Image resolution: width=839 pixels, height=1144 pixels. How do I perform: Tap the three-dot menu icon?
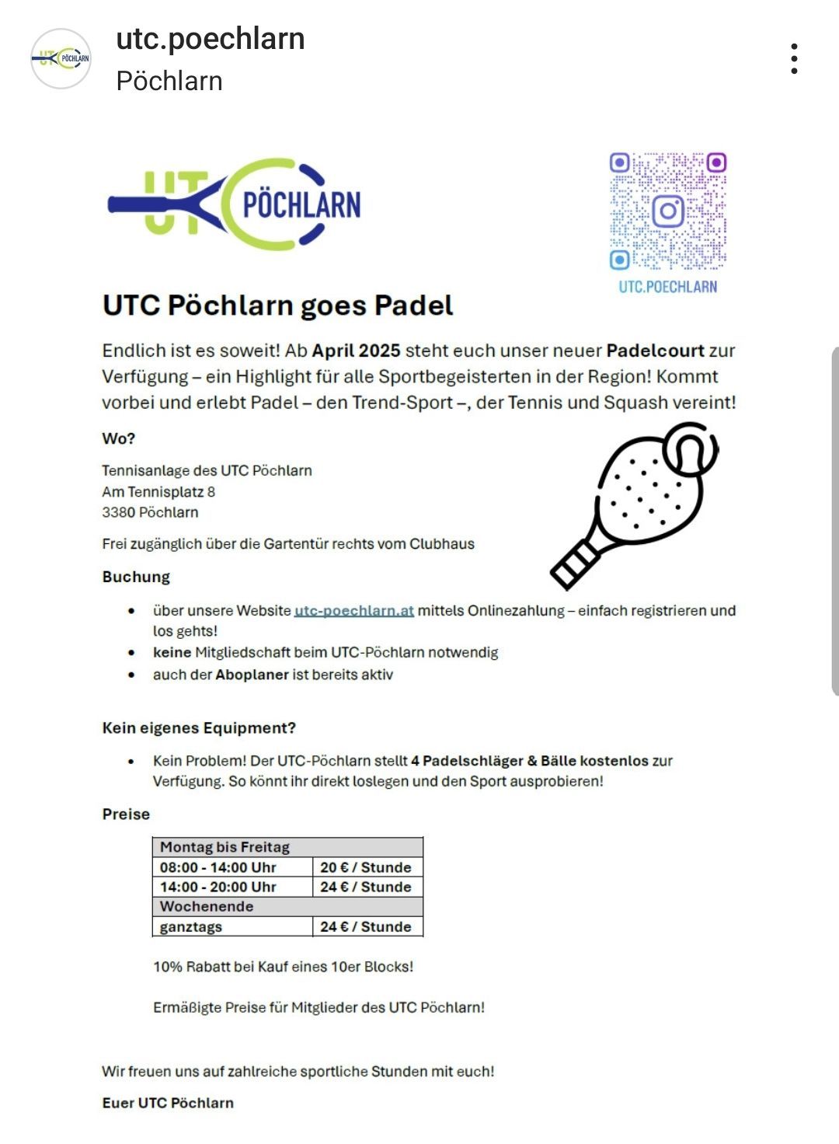coord(793,59)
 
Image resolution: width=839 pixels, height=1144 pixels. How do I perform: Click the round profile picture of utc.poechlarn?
coord(61,58)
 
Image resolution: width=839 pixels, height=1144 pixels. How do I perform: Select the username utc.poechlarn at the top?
coord(210,39)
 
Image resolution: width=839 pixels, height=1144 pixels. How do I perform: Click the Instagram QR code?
coord(667,211)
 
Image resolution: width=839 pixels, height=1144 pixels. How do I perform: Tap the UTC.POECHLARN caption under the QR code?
coord(667,287)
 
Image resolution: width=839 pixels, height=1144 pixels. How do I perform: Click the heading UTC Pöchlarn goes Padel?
coord(277,305)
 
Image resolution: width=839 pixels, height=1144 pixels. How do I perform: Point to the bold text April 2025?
coord(356,351)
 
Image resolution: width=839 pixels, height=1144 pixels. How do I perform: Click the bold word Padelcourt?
coord(655,351)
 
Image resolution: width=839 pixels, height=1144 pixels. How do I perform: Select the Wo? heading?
coord(118,438)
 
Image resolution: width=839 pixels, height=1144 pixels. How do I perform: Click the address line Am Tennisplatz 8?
coord(158,492)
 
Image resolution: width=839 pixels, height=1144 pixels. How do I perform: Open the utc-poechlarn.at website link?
coord(353,611)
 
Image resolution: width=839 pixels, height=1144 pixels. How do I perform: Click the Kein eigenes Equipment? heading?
coord(199,728)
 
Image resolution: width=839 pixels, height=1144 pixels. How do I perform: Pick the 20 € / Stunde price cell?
coord(366,867)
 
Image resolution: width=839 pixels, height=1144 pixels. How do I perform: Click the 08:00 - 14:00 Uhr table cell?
coord(218,867)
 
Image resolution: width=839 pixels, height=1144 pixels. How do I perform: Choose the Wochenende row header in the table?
coord(207,906)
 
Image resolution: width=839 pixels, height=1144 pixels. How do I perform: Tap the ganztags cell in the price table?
coord(191,926)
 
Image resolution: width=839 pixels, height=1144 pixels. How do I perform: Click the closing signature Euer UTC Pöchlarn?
coord(168,1103)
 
